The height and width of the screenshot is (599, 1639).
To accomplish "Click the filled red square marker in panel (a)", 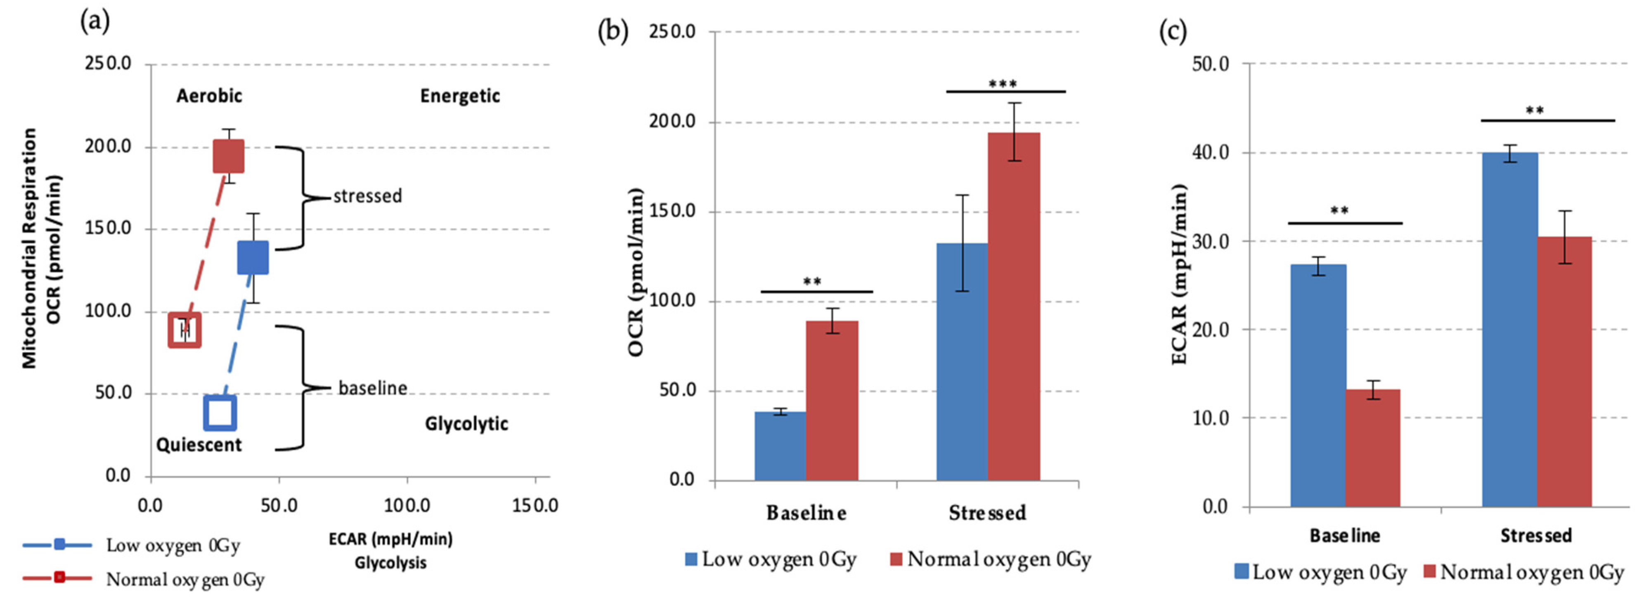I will (228, 156).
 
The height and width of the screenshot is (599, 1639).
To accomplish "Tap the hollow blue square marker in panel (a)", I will (220, 413).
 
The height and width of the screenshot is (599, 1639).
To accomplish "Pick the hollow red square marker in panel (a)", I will (184, 330).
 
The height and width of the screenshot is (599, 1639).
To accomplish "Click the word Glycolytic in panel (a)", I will (466, 424).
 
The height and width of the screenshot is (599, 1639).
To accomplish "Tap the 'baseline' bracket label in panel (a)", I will (372, 388).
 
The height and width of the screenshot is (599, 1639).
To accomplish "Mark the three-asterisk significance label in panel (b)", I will (1002, 84).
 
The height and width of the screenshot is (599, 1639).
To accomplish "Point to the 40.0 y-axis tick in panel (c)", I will (1209, 153).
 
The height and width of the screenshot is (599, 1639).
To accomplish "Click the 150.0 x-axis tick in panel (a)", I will (535, 505).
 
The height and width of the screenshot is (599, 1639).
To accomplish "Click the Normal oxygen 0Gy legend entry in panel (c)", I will (1524, 572).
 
